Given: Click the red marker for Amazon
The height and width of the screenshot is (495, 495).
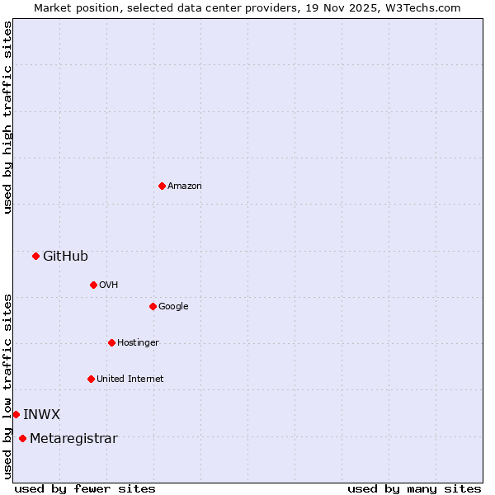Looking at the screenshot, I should coord(162,186).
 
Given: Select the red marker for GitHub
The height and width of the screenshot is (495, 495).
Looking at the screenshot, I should coord(35,256).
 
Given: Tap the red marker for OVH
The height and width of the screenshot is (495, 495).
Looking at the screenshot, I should coord(93,285).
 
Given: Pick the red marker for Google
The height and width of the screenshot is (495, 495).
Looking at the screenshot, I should coord(153,306).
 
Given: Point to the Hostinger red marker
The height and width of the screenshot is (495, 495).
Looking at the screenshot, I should coord(111,342).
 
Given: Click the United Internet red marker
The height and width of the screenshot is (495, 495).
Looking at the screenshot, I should coord(91,379).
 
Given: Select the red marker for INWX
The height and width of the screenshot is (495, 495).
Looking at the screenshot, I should coord(16,414).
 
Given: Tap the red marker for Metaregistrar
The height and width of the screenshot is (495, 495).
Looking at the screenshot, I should coord(22,438).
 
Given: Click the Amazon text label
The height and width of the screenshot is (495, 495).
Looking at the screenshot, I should coord(185,186).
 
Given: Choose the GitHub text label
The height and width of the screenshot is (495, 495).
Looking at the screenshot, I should coord(65,256).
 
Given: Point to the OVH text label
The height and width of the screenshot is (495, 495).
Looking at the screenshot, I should coord(109,285).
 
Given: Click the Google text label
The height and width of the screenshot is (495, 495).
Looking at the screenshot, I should coord(173,306).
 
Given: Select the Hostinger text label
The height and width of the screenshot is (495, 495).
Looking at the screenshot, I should coord(138,342).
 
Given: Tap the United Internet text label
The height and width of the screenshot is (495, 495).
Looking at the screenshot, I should coord(130,379).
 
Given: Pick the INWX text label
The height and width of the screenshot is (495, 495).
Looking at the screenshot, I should coord(41,414).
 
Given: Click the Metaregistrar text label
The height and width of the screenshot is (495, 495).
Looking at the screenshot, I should coord(73,438).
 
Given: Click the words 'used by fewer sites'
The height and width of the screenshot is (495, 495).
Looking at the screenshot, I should coord(85,488).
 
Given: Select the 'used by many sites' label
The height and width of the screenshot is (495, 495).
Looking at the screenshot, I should coord(414,488).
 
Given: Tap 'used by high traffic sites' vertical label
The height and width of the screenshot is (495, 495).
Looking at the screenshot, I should coord(7,117).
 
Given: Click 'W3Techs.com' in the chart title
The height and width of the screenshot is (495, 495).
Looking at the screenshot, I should coord(427,7).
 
